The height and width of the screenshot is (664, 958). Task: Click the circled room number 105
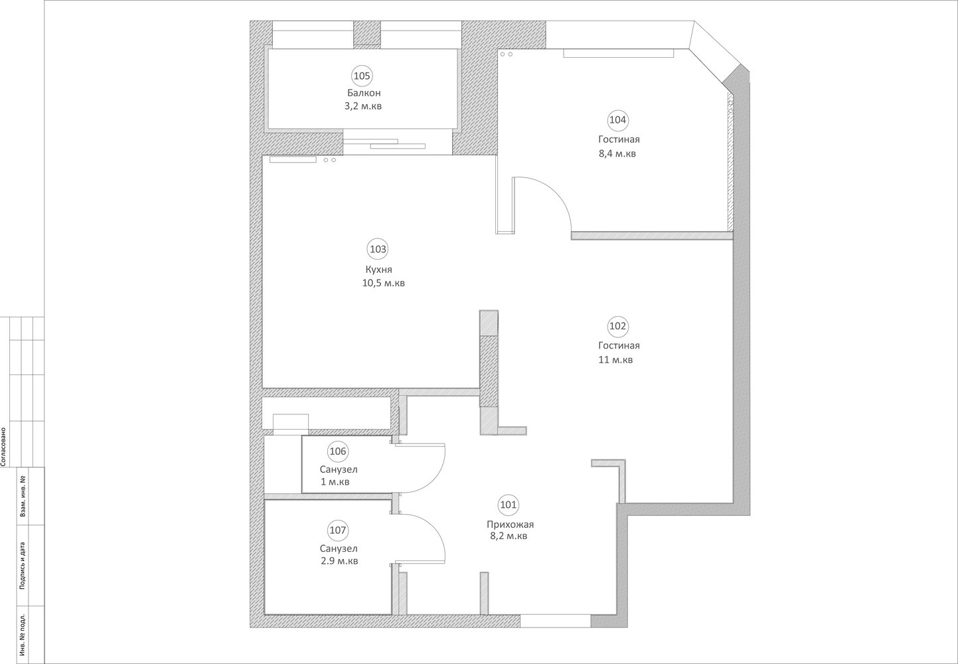click(362, 76)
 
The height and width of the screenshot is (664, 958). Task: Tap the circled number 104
click(617, 120)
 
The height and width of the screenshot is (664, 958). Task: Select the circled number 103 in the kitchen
click(378, 249)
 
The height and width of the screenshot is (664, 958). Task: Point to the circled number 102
click(617, 327)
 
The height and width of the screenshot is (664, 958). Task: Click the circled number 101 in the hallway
click(508, 505)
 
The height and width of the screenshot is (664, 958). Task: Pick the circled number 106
click(338, 452)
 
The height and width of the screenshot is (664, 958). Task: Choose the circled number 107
click(337, 531)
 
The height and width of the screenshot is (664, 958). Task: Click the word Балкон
click(364, 93)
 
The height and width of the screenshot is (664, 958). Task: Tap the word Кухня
click(378, 270)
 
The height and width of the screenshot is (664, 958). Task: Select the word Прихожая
click(511, 524)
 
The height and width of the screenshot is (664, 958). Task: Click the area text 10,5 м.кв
click(383, 284)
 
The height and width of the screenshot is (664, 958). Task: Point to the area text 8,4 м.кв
click(617, 153)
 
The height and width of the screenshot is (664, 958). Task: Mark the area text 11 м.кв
click(615, 360)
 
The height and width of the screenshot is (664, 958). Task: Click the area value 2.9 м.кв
click(339, 561)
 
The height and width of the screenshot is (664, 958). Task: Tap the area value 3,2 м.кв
click(363, 106)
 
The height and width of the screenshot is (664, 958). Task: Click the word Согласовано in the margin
click(4, 447)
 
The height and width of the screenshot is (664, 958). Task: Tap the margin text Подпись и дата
click(22, 566)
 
